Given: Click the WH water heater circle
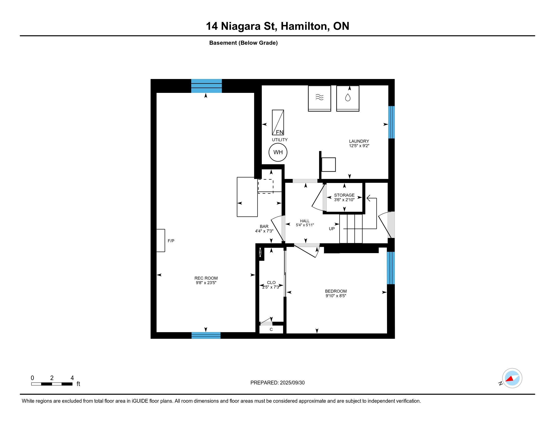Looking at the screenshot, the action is click(x=278, y=152).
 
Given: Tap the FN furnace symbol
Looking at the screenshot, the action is click(x=278, y=122).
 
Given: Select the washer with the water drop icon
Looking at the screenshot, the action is click(x=348, y=98).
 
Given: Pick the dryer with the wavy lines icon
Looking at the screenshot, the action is click(x=319, y=98).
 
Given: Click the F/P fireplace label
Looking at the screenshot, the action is click(x=171, y=241).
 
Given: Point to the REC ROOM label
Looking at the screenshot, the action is click(x=206, y=278).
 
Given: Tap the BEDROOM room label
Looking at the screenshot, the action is click(x=336, y=291).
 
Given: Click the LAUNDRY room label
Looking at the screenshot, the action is click(x=359, y=141).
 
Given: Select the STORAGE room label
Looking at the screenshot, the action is click(x=344, y=195).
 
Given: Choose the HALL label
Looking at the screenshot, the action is click(x=305, y=221).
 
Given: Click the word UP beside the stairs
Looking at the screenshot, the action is click(x=332, y=229).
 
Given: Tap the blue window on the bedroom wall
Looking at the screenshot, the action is click(x=391, y=268).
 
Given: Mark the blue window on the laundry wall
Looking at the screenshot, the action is click(x=391, y=122).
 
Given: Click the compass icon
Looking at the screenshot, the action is click(x=512, y=378).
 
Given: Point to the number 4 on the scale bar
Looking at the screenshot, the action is click(x=72, y=378).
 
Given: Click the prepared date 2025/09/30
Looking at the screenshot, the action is click(x=292, y=383).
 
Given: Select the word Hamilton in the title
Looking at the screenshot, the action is click(x=304, y=26).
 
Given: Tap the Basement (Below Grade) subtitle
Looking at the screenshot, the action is click(x=243, y=43).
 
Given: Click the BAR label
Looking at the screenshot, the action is click(x=264, y=226).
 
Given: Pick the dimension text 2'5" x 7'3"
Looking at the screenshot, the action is click(x=271, y=287).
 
